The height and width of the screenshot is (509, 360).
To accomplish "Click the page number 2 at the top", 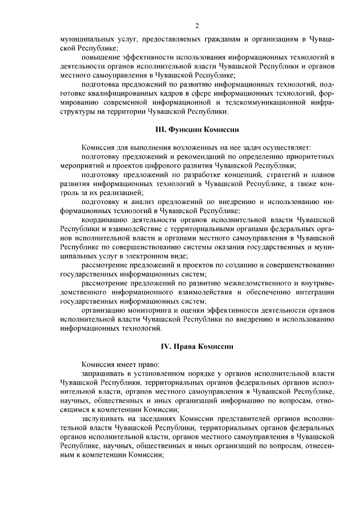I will point(197,25).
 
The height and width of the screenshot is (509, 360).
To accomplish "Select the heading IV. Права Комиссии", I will point(197,345).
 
